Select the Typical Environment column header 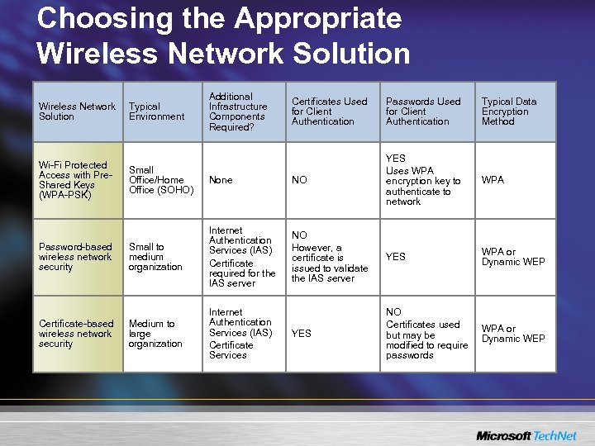[x=156, y=111]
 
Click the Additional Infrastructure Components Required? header [x=238, y=111]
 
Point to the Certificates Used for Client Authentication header [x=329, y=111]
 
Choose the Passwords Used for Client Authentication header [x=422, y=111]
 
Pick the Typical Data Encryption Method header [x=509, y=111]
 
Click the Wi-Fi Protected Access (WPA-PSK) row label [x=74, y=180]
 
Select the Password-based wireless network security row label [x=74, y=257]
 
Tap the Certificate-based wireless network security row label [x=75, y=334]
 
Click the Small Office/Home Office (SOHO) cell [x=161, y=180]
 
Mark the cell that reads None [x=221, y=180]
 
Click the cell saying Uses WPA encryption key [x=422, y=180]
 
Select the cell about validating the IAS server [x=329, y=257]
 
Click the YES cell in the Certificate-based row [x=302, y=334]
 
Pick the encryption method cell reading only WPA [x=493, y=180]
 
